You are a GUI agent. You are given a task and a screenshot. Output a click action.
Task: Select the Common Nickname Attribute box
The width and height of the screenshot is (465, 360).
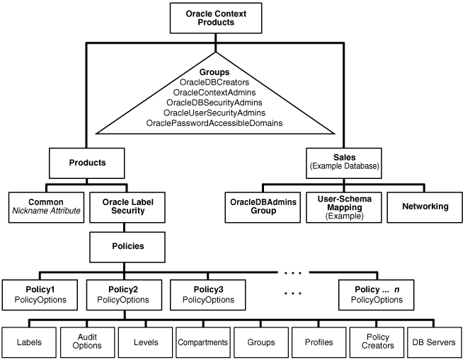pos(45,206)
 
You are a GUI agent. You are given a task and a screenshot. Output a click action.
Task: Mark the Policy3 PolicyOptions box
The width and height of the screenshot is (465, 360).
pos(206,294)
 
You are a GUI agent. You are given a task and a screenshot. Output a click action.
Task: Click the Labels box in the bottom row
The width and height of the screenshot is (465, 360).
pos(29,342)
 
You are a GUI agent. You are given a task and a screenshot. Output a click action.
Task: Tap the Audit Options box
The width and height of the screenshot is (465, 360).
pos(86,342)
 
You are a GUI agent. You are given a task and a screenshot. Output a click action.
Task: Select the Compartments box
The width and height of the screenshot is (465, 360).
pos(202,342)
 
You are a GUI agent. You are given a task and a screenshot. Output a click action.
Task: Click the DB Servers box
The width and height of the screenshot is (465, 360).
pos(432,342)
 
